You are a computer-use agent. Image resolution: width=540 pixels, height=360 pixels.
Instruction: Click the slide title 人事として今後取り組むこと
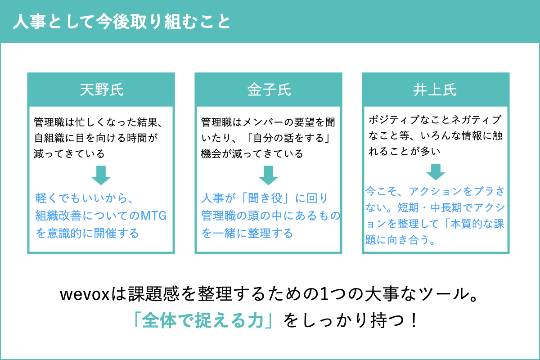click(x=122, y=22)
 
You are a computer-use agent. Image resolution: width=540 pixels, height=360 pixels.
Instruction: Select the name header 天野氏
click(x=102, y=90)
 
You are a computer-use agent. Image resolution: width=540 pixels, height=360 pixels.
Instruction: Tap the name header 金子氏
click(x=269, y=90)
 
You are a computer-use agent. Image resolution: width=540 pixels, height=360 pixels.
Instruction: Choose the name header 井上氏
click(x=435, y=90)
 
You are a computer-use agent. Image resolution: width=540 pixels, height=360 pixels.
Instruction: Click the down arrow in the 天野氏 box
click(x=101, y=175)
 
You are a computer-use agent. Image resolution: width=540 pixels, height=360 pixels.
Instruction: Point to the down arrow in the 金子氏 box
click(x=268, y=175)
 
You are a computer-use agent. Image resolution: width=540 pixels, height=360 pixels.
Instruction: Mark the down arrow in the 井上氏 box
click(x=436, y=172)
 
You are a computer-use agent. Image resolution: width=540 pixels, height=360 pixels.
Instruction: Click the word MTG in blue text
click(x=153, y=216)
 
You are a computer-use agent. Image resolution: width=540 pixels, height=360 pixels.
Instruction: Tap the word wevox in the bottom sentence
click(x=85, y=295)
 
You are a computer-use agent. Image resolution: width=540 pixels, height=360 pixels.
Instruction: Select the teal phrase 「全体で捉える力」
click(x=204, y=320)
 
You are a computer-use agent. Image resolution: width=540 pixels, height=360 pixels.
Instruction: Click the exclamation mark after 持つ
click(x=414, y=320)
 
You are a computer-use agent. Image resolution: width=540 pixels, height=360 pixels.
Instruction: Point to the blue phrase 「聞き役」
click(x=268, y=198)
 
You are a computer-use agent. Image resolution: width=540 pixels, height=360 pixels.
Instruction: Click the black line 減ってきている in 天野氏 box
click(x=69, y=154)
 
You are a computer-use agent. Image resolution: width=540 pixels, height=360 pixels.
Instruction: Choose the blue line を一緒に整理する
click(x=247, y=233)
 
